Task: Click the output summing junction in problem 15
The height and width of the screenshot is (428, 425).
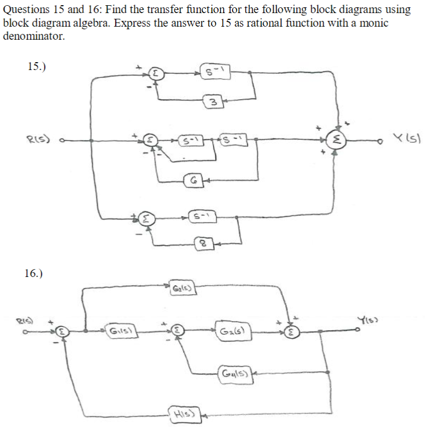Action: [x=339, y=139]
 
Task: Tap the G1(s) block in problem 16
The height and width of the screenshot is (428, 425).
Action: [x=119, y=330]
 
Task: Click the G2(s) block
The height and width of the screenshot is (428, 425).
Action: [x=232, y=330]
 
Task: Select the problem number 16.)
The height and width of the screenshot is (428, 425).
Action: [x=34, y=272]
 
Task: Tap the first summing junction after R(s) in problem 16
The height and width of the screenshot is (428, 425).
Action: [x=63, y=330]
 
